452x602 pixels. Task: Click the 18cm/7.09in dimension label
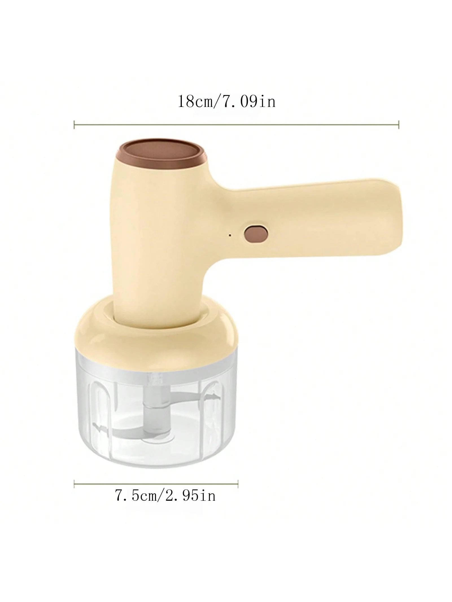click(226, 102)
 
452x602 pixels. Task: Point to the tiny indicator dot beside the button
click(230, 227)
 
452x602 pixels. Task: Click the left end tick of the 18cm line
click(74, 124)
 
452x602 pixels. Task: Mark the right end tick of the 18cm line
click(398, 124)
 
